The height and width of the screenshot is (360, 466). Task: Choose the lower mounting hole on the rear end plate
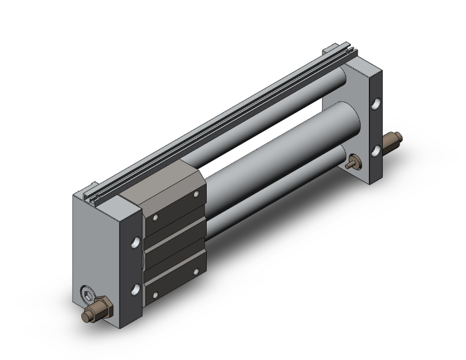376,150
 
